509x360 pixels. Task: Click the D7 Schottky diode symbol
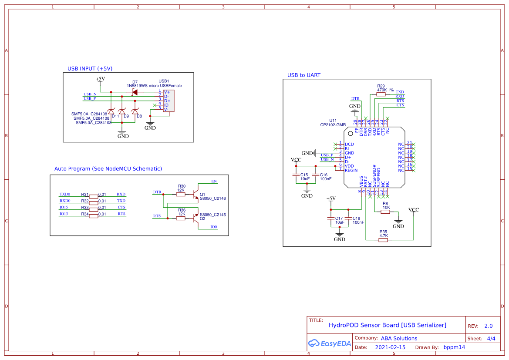(135, 92)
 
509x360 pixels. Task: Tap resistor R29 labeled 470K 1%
(381, 94)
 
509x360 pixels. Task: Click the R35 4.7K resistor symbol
(383, 240)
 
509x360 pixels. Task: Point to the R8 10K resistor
(385, 212)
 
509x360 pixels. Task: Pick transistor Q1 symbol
(196, 192)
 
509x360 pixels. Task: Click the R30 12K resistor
(181, 195)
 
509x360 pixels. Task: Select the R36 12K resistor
(181, 218)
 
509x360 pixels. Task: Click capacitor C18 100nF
(348, 219)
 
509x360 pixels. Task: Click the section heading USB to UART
(303, 75)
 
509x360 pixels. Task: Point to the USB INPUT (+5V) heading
(90, 69)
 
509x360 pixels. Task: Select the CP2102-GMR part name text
(333, 124)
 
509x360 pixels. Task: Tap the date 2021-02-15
(390, 347)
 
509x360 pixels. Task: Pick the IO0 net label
(213, 227)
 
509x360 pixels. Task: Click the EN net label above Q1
(214, 181)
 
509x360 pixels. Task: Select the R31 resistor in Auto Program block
(93, 196)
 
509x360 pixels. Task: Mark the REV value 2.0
(489, 326)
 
